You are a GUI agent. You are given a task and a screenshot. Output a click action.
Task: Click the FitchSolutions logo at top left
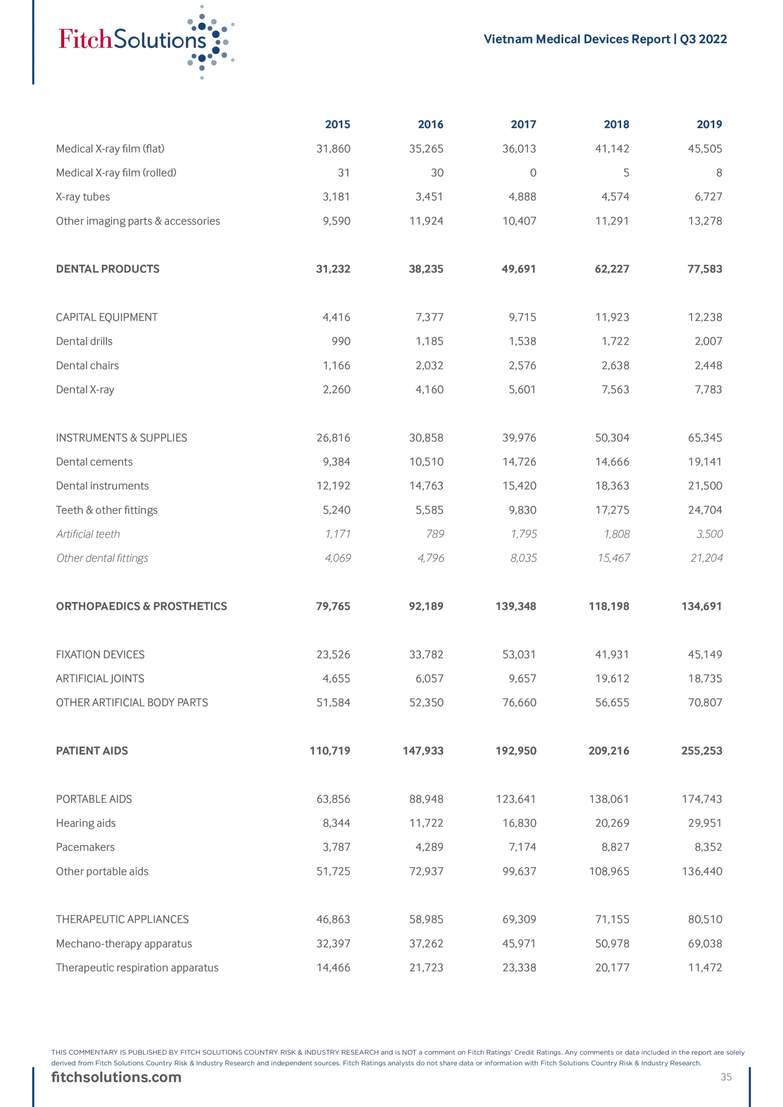[145, 41]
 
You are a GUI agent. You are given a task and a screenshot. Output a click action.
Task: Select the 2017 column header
[523, 125]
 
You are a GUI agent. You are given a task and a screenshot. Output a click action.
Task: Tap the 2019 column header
[709, 125]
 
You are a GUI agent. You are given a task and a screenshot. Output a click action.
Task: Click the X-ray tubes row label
[83, 197]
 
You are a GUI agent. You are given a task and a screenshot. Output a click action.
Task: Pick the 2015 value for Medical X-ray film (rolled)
[343, 173]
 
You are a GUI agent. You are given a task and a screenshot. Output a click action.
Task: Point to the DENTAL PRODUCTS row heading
[108, 269]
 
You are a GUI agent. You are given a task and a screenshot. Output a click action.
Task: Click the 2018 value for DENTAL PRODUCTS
[611, 269]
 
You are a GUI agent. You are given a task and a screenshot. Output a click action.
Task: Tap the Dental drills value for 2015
[340, 341]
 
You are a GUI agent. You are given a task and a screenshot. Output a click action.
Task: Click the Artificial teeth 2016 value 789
[435, 534]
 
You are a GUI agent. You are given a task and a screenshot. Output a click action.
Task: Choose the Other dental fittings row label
[102, 558]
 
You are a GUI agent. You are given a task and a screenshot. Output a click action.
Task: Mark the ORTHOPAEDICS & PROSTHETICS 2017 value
[515, 607]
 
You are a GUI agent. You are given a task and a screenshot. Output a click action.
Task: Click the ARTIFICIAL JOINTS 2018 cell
[612, 679]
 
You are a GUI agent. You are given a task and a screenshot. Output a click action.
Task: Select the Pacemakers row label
[85, 847]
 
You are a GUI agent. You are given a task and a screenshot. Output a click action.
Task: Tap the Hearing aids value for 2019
[704, 823]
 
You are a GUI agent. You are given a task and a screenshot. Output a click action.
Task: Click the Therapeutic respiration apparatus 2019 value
[704, 968]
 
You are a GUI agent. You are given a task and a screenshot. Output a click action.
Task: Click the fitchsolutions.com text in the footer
[116, 1077]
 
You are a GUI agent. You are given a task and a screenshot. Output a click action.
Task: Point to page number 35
[726, 1077]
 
